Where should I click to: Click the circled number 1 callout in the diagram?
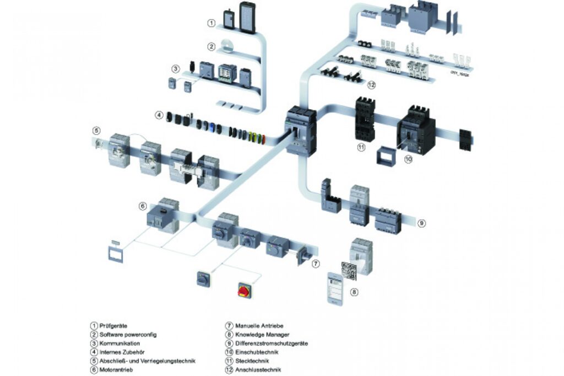pyautogui.click(x=211, y=23)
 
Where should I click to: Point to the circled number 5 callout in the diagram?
pyautogui.click(x=96, y=131)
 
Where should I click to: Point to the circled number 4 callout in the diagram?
pyautogui.click(x=159, y=116)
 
